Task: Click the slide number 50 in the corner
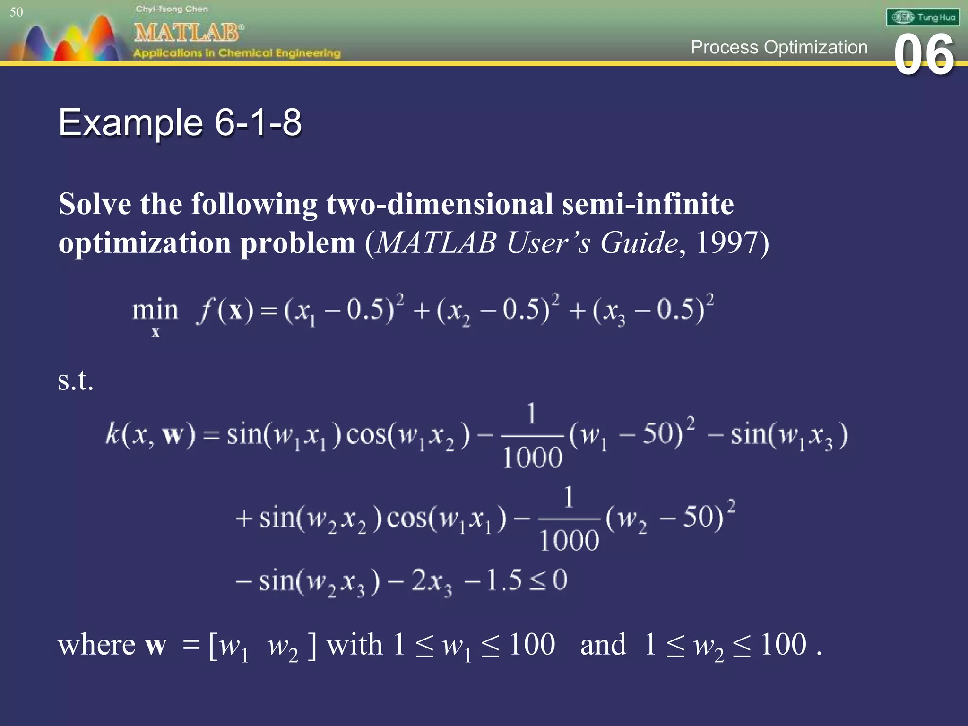tap(16, 12)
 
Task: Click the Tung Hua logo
tap(923, 17)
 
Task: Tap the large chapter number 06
tap(924, 55)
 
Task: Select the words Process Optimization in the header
tap(778, 47)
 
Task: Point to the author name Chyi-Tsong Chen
tap(172, 9)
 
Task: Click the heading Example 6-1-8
tap(180, 122)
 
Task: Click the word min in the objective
tap(155, 311)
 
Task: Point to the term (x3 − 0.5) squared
tap(652, 310)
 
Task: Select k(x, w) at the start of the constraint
tap(150, 434)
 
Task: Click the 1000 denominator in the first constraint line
tap(532, 458)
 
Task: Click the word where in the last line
tap(96, 644)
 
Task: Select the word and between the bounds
tap(603, 644)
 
